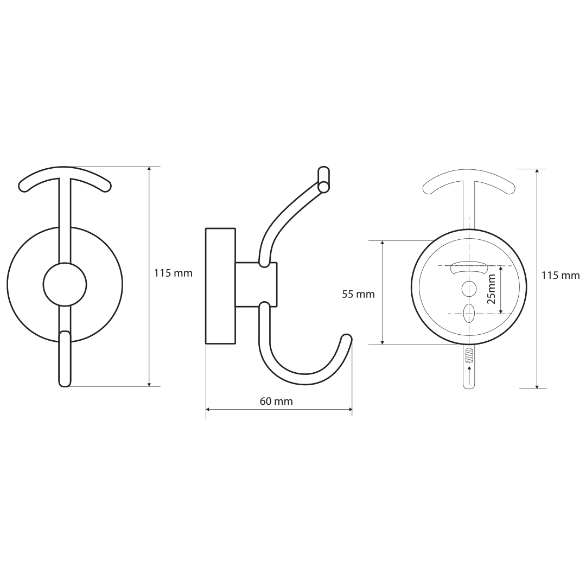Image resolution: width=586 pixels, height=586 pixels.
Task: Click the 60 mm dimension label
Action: (x=276, y=402)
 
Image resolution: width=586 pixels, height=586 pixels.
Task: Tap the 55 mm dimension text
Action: (x=358, y=295)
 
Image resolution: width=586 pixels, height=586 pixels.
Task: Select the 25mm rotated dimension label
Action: (x=492, y=289)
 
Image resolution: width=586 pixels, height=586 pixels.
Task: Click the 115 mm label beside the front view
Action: (x=174, y=273)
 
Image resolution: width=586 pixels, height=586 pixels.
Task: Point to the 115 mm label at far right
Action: (x=560, y=276)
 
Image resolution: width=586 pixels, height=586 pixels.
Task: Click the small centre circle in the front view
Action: (x=65, y=285)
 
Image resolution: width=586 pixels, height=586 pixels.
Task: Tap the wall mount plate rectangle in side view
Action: (x=220, y=285)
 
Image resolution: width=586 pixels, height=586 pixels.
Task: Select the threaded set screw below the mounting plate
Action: (x=469, y=355)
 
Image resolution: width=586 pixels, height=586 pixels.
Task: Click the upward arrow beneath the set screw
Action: (x=469, y=376)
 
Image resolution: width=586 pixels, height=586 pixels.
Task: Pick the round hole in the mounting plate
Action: (x=469, y=289)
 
